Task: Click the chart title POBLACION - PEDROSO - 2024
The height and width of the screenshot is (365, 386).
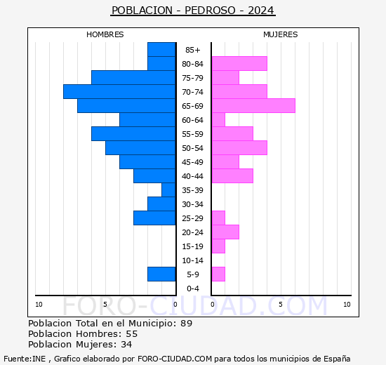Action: (x=193, y=11)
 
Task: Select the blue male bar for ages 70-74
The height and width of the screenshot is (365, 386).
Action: (x=119, y=92)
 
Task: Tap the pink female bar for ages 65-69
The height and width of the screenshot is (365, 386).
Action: (x=253, y=106)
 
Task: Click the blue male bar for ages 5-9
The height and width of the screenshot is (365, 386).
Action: (x=161, y=274)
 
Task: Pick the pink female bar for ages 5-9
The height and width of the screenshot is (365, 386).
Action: (x=218, y=274)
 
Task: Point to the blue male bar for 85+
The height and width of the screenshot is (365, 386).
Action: (x=161, y=50)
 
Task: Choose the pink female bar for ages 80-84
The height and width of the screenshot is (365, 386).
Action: (x=239, y=64)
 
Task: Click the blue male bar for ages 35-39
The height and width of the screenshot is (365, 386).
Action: (x=168, y=190)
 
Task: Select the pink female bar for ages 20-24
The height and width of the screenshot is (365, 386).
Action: (x=225, y=232)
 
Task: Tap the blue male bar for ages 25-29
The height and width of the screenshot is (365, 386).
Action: (x=154, y=218)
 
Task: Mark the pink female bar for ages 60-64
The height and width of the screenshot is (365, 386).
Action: (x=218, y=120)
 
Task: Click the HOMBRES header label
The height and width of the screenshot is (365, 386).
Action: (x=105, y=34)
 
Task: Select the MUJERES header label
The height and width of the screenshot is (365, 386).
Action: (x=281, y=34)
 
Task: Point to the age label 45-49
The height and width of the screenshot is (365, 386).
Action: (x=193, y=162)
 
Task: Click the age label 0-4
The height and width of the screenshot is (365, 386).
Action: (x=193, y=288)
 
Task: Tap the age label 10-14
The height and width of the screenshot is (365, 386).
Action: (x=193, y=260)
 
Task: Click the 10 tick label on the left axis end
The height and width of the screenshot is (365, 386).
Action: (x=39, y=304)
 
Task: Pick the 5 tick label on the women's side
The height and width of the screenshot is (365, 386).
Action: (x=280, y=304)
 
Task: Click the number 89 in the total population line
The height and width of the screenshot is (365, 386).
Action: (x=186, y=323)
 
